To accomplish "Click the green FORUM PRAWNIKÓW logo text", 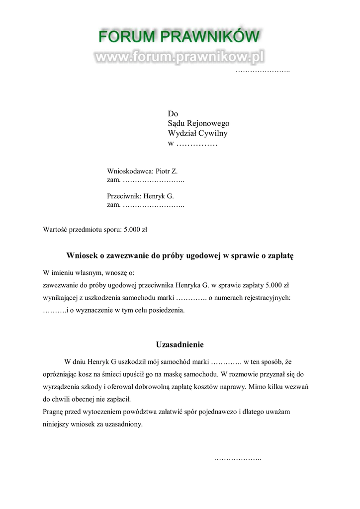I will [179, 37].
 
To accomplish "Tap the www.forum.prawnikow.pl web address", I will [179, 58].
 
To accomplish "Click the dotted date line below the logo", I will [263, 71].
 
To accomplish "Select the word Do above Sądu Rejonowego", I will [173, 114].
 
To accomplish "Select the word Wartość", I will [55, 230].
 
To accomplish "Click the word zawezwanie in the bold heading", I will [121, 256].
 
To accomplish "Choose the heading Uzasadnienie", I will [180, 344].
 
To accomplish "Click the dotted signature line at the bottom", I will [238, 458].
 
